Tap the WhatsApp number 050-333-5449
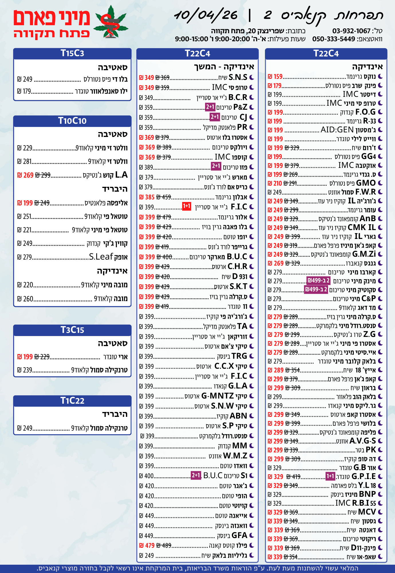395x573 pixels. [x=333, y=39]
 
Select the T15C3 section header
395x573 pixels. [x=72, y=54]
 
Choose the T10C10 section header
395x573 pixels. [x=72, y=121]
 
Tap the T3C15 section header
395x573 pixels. [x=72, y=330]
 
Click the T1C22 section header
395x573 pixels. [x=72, y=401]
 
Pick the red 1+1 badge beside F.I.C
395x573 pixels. [x=186, y=206]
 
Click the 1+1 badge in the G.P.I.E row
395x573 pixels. [x=330, y=476]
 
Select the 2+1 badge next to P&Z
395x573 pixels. [x=210, y=107]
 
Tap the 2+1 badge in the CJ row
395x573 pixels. [x=215, y=117]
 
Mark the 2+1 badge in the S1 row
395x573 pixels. [x=196, y=476]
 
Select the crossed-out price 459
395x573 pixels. [x=164, y=197]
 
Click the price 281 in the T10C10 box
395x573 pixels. [x=27, y=162]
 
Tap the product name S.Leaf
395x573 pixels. [x=101, y=257]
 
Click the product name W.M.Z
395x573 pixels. [x=235, y=456]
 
